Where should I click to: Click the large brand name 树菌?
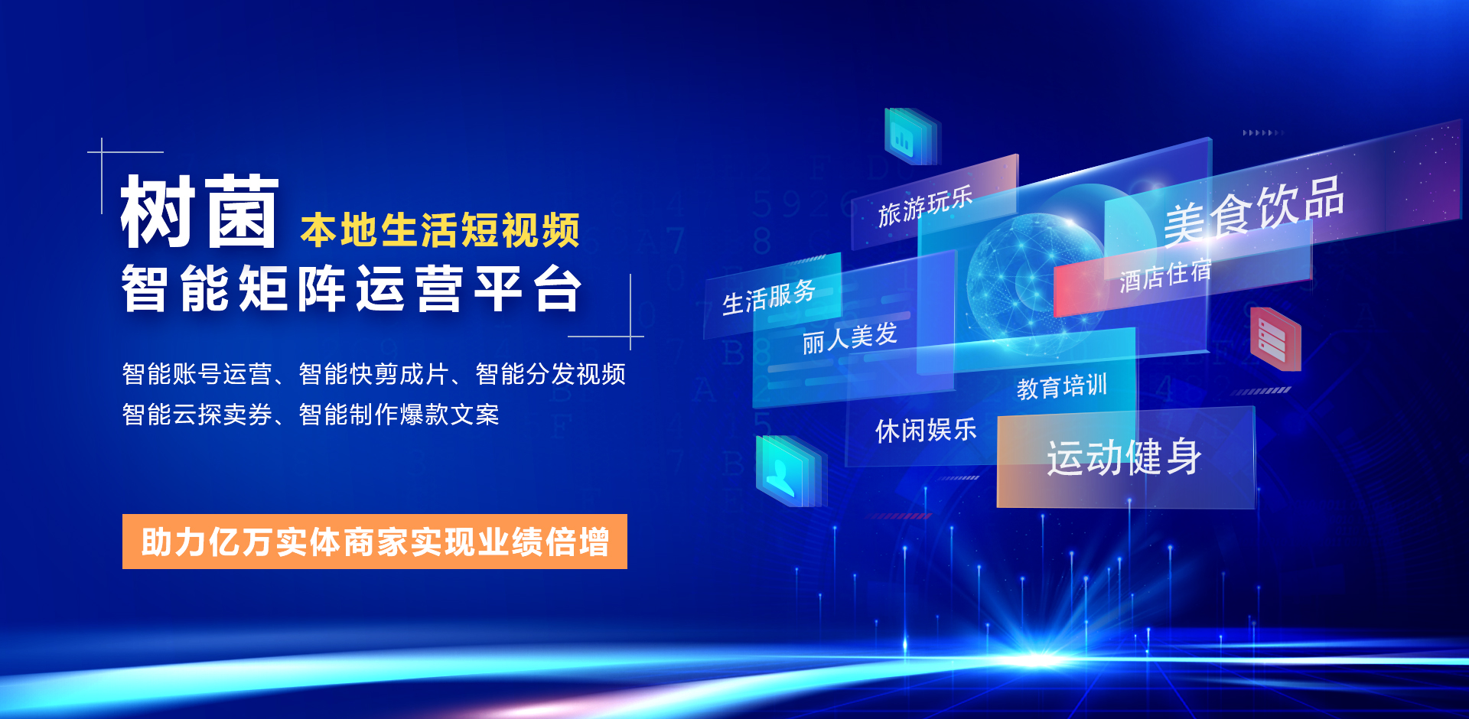click(200, 211)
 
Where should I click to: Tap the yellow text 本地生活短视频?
click(440, 230)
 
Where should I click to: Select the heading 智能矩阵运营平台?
click(352, 288)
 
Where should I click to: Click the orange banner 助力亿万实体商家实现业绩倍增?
click(375, 542)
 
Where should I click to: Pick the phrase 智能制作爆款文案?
click(399, 415)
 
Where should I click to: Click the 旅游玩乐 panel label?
click(925, 206)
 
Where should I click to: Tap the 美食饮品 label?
click(1254, 210)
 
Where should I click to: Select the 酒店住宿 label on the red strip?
click(1165, 275)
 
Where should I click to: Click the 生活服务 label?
click(769, 297)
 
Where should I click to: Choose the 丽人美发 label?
click(850, 338)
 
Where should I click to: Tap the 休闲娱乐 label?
click(926, 431)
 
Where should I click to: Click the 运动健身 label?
click(1124, 457)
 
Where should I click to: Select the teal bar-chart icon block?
click(910, 136)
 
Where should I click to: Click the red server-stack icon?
click(1275, 339)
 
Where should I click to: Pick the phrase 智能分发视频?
click(551, 374)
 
